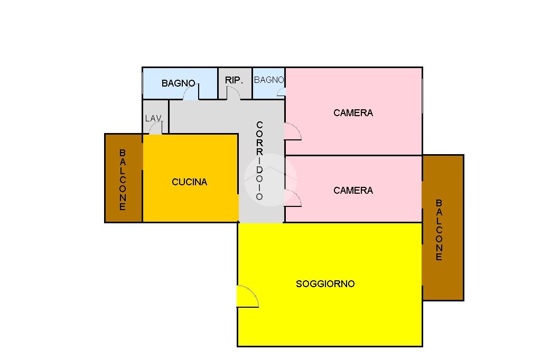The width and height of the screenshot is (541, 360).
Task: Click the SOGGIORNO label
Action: (x=325, y=284)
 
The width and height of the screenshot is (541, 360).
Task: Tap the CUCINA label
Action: (x=189, y=182)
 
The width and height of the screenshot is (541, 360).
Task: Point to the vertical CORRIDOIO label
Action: (x=259, y=160)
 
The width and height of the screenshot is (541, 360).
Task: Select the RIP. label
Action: (x=234, y=80)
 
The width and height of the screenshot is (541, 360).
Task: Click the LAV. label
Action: (x=154, y=118)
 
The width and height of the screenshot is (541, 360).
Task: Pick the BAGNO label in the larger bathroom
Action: (x=179, y=83)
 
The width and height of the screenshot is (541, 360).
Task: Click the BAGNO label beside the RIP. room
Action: (x=269, y=80)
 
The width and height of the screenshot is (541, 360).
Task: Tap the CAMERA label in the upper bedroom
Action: (x=353, y=112)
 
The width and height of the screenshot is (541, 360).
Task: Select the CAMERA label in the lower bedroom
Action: (x=353, y=191)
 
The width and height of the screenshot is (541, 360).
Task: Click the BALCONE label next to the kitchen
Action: (x=123, y=179)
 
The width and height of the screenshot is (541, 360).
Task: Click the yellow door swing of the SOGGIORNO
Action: (x=246, y=296)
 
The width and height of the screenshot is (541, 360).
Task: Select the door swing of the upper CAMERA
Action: (x=292, y=131)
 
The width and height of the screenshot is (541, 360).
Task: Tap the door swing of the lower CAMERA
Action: (x=292, y=198)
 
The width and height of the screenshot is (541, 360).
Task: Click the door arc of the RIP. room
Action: (x=233, y=93)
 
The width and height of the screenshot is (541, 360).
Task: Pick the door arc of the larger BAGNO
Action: (x=190, y=93)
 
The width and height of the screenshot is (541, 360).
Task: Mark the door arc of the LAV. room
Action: (x=155, y=129)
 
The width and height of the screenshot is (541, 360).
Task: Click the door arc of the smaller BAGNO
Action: (x=281, y=92)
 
